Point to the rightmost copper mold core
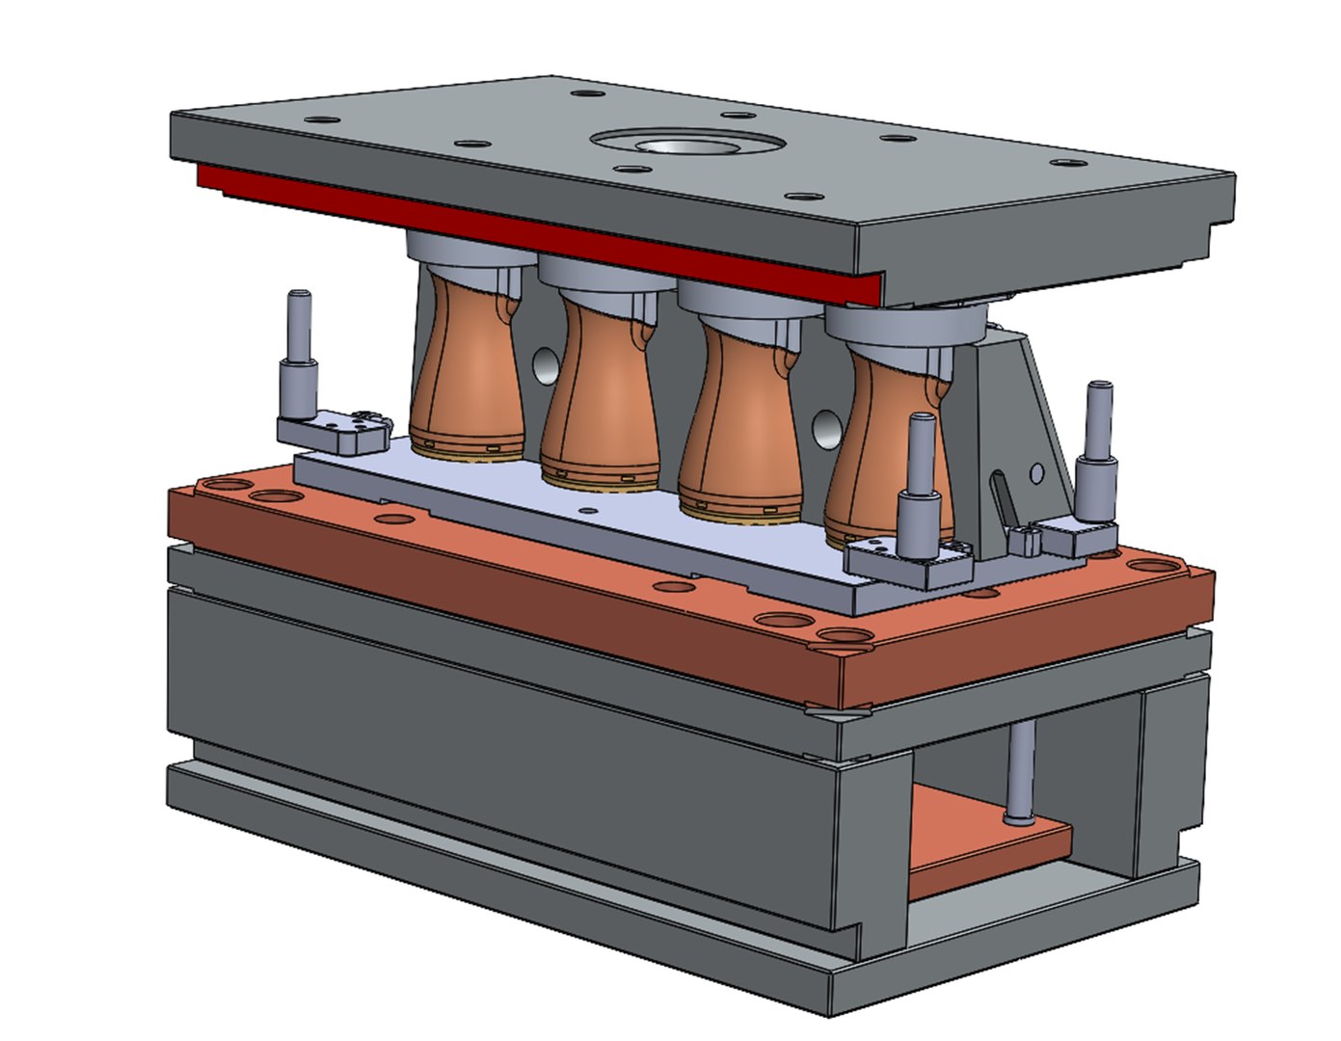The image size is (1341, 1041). coord(877,443)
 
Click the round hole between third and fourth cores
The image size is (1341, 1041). coord(825,425)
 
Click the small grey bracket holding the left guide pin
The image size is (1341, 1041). coord(333,431)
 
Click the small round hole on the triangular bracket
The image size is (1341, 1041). coord(1036,472)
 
